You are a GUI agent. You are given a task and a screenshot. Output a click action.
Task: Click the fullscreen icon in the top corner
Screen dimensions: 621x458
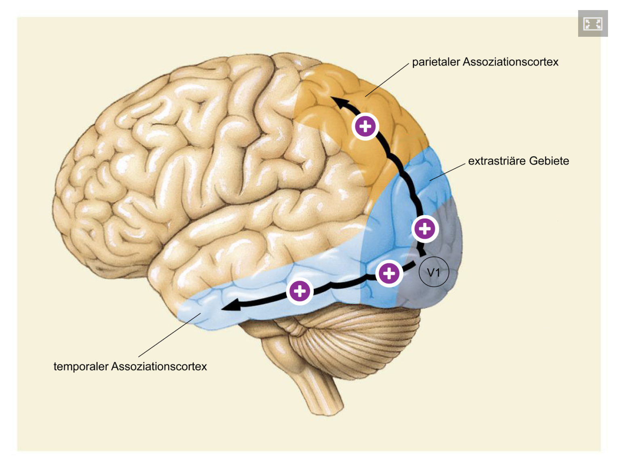[x=593, y=23]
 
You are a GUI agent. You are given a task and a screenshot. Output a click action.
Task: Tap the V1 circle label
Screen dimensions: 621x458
[x=433, y=273]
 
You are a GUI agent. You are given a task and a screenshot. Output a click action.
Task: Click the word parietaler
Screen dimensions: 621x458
[x=436, y=62]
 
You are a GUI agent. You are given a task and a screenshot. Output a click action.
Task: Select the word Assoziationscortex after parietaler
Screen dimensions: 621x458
[x=510, y=62]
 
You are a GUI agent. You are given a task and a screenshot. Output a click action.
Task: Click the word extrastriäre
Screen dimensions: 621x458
[x=497, y=161]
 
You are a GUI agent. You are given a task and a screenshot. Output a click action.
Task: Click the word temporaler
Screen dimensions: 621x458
[x=81, y=367]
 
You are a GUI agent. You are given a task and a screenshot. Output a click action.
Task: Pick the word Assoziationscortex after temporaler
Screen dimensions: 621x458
[x=159, y=367]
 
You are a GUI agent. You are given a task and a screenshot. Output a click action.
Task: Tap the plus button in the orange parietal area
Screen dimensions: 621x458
[x=365, y=127]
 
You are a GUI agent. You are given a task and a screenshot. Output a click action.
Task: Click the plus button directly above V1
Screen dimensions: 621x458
[x=425, y=229]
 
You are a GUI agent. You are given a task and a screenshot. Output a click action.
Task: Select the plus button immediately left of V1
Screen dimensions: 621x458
[x=389, y=274]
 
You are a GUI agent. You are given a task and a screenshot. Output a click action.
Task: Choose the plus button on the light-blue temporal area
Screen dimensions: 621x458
[x=300, y=291]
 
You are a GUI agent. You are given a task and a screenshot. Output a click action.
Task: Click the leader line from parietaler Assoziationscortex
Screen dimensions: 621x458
[x=387, y=80]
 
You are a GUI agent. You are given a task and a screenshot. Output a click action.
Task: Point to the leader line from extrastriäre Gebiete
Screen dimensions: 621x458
[x=448, y=172]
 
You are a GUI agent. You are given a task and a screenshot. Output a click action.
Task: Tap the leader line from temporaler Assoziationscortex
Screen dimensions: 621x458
[x=170, y=335]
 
